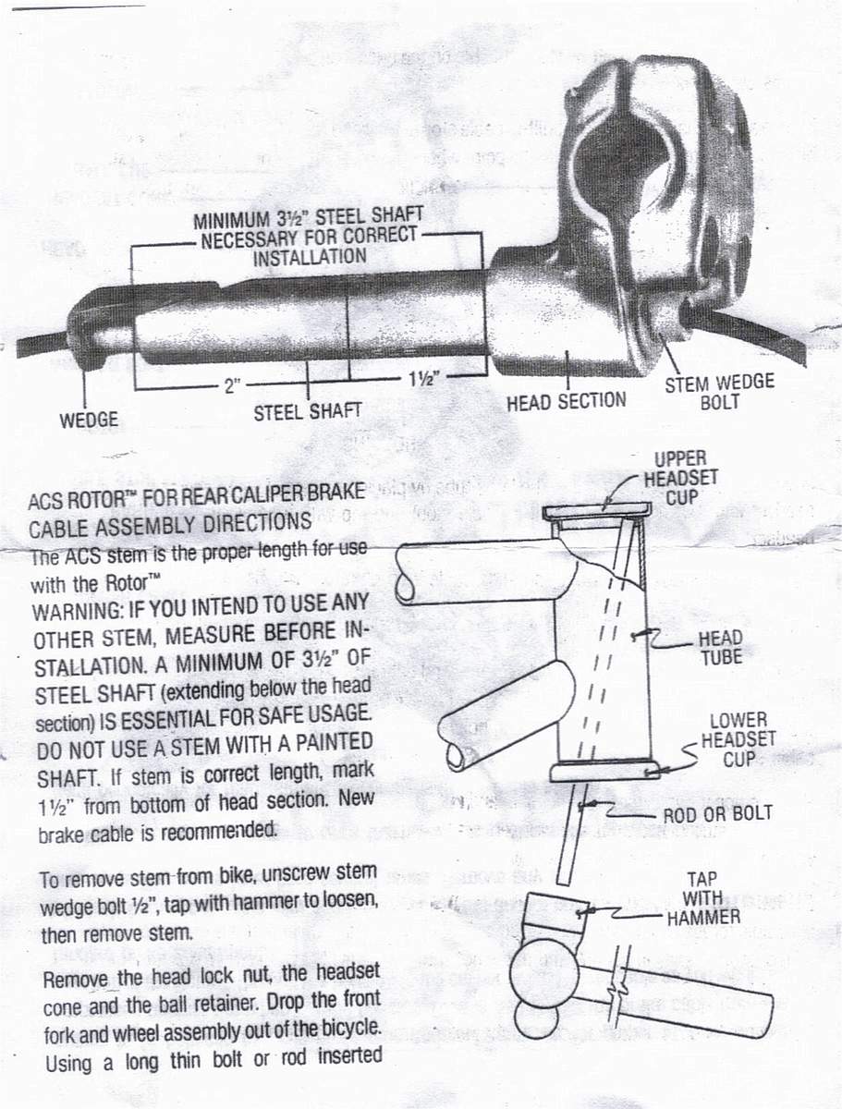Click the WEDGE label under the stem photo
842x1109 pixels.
tap(89, 420)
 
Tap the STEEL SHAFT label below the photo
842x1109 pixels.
tap(307, 410)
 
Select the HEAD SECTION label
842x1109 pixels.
tap(566, 402)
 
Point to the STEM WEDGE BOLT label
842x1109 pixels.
tap(719, 392)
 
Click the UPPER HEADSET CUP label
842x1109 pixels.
tap(680, 477)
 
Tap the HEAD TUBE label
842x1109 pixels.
tap(720, 647)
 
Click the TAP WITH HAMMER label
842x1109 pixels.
tap(702, 897)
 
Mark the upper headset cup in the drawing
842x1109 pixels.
tap(597, 511)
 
